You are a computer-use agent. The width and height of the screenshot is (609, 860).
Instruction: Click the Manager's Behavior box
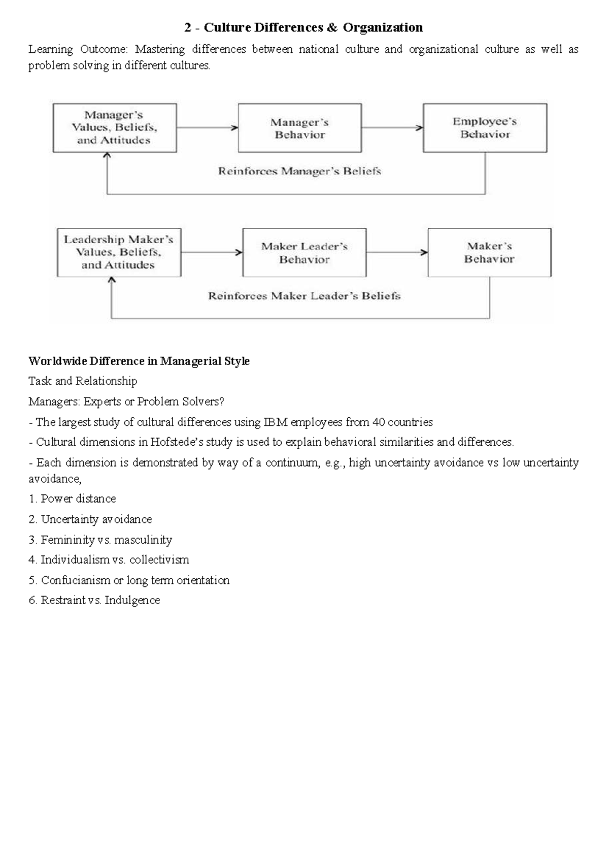tap(299, 128)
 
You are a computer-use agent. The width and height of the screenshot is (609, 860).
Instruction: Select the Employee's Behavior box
tap(485, 128)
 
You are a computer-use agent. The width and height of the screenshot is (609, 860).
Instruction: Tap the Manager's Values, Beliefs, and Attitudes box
tap(115, 128)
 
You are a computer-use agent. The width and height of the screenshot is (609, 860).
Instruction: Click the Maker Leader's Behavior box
tap(304, 253)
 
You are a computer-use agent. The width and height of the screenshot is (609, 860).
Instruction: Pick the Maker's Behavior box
tap(489, 252)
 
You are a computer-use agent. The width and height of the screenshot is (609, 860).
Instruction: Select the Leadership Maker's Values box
tap(119, 252)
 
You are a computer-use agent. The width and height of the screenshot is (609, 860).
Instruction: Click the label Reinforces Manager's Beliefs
tap(299, 172)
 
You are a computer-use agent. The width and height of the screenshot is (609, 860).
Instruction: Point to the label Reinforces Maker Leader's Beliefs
tap(304, 296)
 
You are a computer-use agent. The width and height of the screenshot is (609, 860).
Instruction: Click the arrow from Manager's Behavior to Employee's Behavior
tap(392, 128)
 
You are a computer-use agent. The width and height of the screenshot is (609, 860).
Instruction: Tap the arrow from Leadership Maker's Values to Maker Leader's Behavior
tap(212, 252)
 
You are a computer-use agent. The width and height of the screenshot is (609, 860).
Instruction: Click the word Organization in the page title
tap(383, 27)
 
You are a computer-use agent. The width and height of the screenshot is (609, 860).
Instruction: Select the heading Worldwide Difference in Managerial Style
tap(139, 361)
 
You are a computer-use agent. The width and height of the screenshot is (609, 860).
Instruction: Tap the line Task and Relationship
tap(83, 381)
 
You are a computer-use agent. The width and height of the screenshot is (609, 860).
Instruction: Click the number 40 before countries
tap(379, 422)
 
